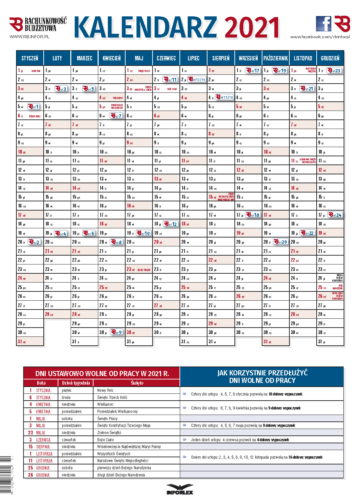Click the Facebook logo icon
tap(323, 24)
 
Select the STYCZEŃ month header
tap(30, 58)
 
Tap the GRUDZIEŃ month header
tap(330, 58)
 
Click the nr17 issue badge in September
tap(253, 71)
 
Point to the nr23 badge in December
tap(334, 71)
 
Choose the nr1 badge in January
tap(33, 106)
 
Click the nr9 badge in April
tap(116, 332)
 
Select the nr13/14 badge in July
tap(197, 80)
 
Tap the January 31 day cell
tap(30, 341)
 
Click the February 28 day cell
tap(57, 314)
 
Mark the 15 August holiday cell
tap(221, 197)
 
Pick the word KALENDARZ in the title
tap(145, 28)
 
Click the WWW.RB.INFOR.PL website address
tap(29, 37)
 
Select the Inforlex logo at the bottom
tap(180, 489)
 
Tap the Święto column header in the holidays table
tap(137, 383)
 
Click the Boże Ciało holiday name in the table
tap(105, 440)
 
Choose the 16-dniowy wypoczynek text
tap(305, 457)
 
